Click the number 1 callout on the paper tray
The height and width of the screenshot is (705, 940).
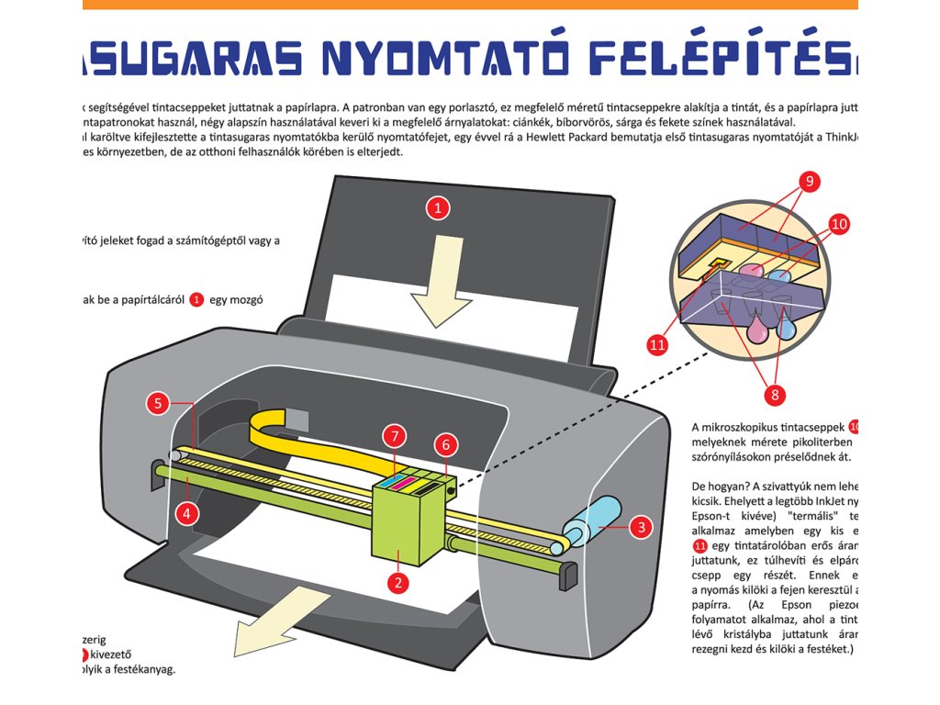coord(438,207)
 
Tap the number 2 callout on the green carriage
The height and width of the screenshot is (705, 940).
coord(397,581)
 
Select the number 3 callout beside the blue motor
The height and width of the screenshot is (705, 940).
coord(641,527)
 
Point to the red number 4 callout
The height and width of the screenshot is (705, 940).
coord(187,513)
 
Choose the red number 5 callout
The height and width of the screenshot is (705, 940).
coord(158,402)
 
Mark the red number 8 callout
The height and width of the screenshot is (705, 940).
coord(773,395)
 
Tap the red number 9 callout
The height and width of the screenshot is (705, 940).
coord(809,182)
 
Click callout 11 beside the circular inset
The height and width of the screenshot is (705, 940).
coord(657,345)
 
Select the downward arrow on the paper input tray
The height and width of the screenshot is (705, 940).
coord(442,281)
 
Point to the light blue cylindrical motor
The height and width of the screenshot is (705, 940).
coord(597,520)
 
